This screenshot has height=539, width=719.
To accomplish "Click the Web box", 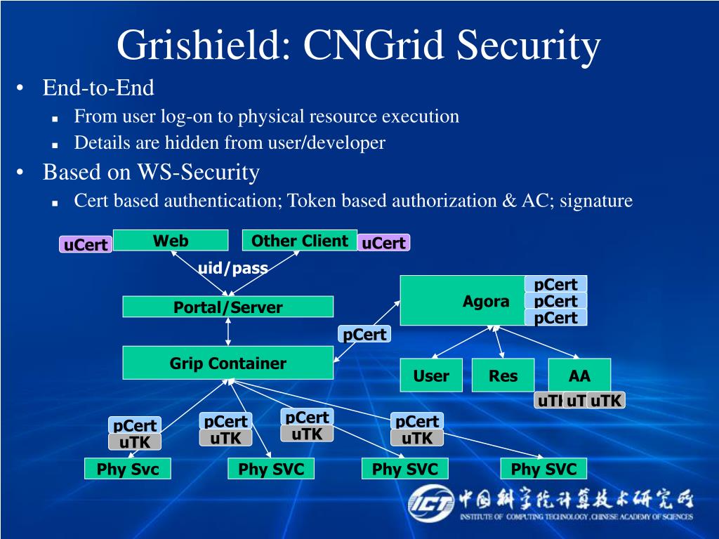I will (171, 241).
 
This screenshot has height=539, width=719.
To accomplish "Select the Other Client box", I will (300, 241).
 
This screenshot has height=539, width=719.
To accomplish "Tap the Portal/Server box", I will (228, 307).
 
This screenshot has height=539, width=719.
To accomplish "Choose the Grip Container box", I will (228, 363).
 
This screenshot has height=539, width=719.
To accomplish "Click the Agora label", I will (486, 302).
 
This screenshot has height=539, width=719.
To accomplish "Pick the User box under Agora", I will (431, 375).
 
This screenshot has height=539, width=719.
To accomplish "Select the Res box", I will (503, 375).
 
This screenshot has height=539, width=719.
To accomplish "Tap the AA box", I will (579, 375).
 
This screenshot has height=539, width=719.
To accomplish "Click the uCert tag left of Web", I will (86, 244).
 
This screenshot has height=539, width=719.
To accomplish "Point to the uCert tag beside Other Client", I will (384, 243).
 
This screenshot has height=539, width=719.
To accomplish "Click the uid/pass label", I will (233, 267).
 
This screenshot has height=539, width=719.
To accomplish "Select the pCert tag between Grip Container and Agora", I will (365, 335).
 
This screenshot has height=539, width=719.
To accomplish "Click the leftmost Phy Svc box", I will (128, 469).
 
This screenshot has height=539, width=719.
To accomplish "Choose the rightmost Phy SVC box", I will (543, 469).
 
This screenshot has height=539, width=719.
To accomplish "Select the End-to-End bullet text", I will (98, 88).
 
